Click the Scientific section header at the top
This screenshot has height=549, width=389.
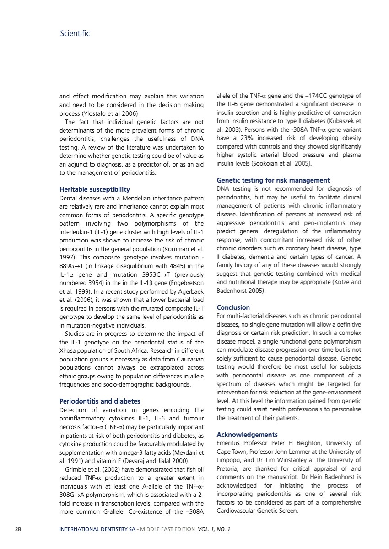[x=75, y=33]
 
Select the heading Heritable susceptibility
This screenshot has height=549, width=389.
[x=95, y=189]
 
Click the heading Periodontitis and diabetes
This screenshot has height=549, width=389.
[x=100, y=401]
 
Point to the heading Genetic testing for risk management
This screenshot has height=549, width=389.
[x=273, y=180]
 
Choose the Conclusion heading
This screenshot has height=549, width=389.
[x=233, y=307]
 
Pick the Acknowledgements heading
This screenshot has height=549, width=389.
[x=247, y=435]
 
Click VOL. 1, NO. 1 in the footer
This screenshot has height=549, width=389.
[x=214, y=530]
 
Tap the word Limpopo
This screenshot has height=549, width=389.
[x=229, y=460]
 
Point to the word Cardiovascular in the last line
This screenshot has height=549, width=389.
[x=238, y=511]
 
